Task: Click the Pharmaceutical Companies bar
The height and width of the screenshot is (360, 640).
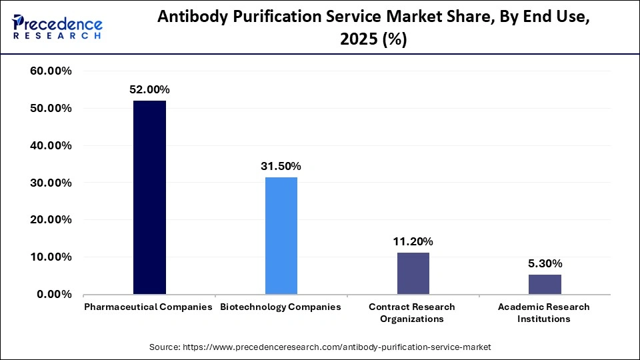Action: click(x=149, y=197)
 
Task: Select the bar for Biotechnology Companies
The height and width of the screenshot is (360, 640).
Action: click(x=281, y=235)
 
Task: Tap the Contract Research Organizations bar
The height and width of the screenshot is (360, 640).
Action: click(x=413, y=273)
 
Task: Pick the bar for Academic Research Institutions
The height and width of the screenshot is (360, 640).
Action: click(x=545, y=284)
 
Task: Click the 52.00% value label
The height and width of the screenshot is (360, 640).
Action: click(x=149, y=89)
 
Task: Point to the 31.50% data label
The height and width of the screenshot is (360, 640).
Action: click(x=281, y=166)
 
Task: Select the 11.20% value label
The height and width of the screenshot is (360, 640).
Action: click(x=413, y=241)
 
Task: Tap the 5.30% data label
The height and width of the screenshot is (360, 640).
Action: click(x=545, y=263)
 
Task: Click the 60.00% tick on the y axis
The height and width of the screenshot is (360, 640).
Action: click(x=51, y=71)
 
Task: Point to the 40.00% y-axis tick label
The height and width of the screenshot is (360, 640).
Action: click(x=51, y=145)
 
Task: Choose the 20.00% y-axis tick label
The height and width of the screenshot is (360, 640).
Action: click(x=51, y=220)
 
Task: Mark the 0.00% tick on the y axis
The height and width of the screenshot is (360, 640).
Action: click(x=54, y=294)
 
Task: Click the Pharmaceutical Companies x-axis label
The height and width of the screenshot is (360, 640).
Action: click(x=148, y=307)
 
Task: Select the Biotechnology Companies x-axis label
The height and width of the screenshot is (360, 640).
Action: click(x=281, y=307)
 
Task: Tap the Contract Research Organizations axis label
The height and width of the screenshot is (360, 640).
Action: click(x=412, y=313)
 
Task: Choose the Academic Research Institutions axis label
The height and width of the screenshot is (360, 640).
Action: click(x=544, y=313)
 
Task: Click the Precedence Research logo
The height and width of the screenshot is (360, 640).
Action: click(x=57, y=27)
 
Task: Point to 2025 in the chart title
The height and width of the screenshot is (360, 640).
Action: click(x=358, y=41)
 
